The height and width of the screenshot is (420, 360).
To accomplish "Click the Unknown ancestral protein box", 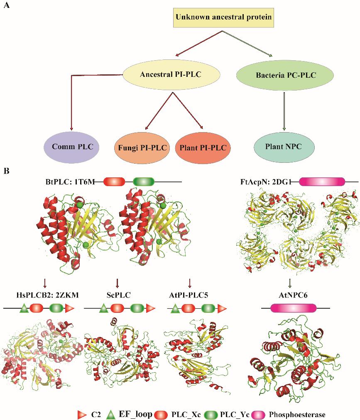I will click(223, 17).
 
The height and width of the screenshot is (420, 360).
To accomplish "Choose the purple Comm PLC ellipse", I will click(69, 146).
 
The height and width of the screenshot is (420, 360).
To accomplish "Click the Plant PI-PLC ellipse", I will click(203, 147).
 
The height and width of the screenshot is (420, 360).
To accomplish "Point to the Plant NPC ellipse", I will click(284, 147).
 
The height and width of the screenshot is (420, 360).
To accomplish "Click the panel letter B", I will click(6, 171).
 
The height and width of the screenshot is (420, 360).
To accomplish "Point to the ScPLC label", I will click(118, 295).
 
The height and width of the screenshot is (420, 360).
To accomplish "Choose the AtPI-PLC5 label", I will click(190, 295).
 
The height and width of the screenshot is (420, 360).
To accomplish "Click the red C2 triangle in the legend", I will click(82, 414).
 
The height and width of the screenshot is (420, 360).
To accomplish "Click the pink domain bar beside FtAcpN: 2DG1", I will click(322, 182).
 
